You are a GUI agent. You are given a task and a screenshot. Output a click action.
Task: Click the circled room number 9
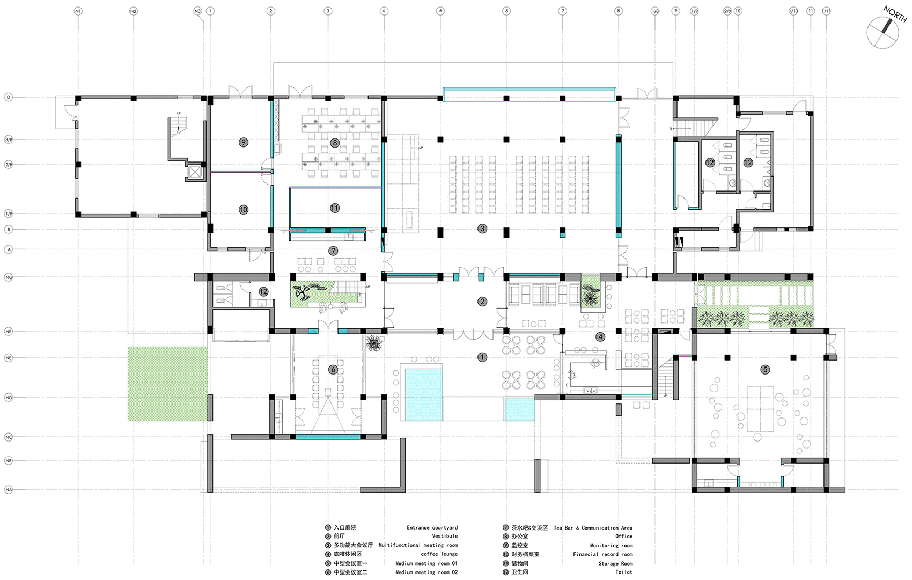click(x=244, y=142)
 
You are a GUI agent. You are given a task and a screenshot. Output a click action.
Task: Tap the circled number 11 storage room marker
click(x=335, y=208)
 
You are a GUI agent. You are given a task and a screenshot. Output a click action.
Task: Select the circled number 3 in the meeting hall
click(x=482, y=229)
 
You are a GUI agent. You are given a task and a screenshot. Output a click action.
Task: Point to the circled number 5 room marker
click(x=766, y=369)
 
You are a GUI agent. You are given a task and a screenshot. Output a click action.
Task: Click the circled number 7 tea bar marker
click(x=333, y=251)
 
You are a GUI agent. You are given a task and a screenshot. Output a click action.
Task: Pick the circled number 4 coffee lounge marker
click(x=600, y=337)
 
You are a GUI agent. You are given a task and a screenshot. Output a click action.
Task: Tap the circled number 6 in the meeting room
click(x=333, y=369)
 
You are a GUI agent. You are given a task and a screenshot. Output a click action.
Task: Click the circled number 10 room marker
click(x=244, y=210)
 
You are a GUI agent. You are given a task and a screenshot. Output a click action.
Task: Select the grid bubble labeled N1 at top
click(x=78, y=11)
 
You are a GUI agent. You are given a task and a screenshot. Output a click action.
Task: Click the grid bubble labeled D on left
click(x=9, y=97)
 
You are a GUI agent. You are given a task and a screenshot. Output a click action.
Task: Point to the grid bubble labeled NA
click(x=9, y=490)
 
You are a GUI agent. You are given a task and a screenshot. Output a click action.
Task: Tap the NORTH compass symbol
click(x=883, y=32)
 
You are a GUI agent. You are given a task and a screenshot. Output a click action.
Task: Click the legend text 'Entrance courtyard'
click(x=432, y=528)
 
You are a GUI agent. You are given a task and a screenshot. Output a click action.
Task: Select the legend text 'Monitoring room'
click(x=611, y=546)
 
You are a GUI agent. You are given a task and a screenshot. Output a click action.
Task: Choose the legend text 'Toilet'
click(x=624, y=572)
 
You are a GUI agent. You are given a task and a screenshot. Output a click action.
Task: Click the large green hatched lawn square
click(x=167, y=383)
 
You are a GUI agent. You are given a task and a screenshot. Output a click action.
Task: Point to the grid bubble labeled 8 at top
click(x=619, y=11)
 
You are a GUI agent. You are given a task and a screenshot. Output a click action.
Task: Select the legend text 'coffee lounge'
click(x=439, y=554)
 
